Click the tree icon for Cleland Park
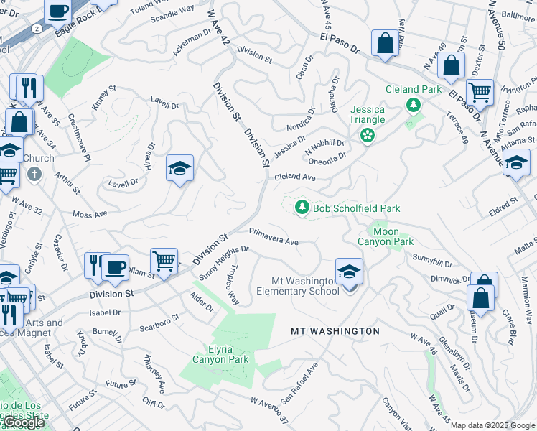click(x=414, y=106)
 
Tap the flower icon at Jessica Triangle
click(x=367, y=135)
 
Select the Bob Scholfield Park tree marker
click(x=302, y=208)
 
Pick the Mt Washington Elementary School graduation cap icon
click(x=349, y=272)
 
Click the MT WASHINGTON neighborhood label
click(x=334, y=331)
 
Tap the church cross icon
click(x=33, y=174)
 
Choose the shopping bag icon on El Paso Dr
click(x=385, y=43)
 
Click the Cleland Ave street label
click(x=294, y=177)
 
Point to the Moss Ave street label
click(x=90, y=214)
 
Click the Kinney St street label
click(x=104, y=98)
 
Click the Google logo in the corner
click(x=23, y=422)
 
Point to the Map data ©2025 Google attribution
click(x=492, y=425)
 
